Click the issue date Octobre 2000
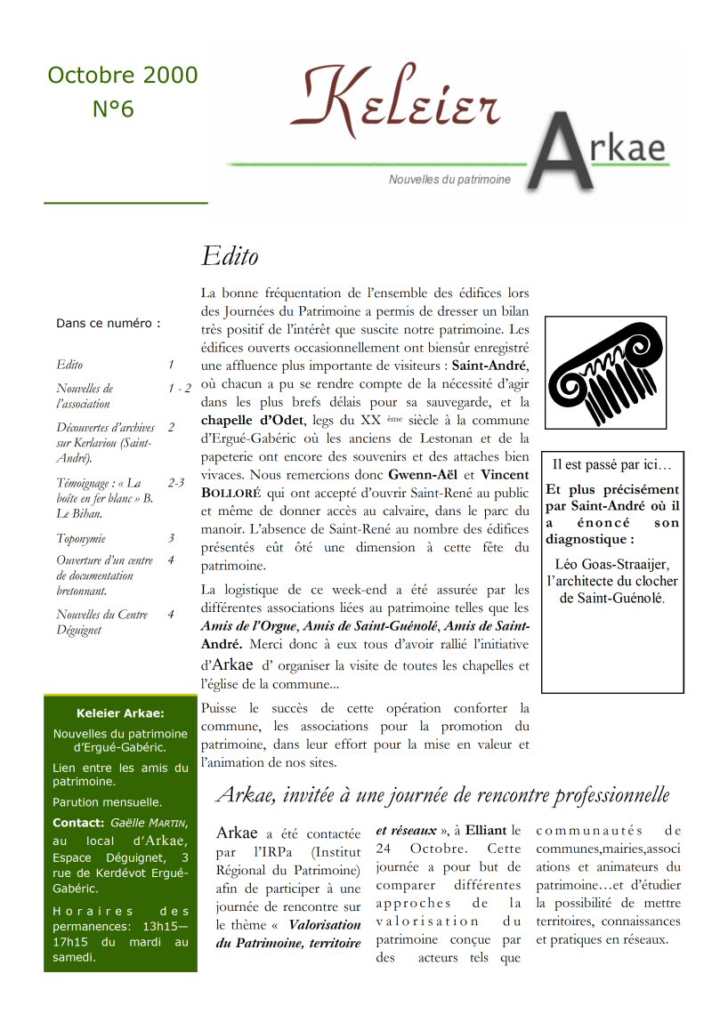123,76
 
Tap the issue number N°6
113,109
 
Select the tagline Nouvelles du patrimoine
449,180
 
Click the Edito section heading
230,257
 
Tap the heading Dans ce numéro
108,324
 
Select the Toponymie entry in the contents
81,538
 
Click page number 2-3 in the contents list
175,483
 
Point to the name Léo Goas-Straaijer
611,564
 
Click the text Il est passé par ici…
612,464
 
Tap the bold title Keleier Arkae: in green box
120,713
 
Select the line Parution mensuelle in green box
107,802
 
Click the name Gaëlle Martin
148,824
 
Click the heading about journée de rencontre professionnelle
442,794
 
